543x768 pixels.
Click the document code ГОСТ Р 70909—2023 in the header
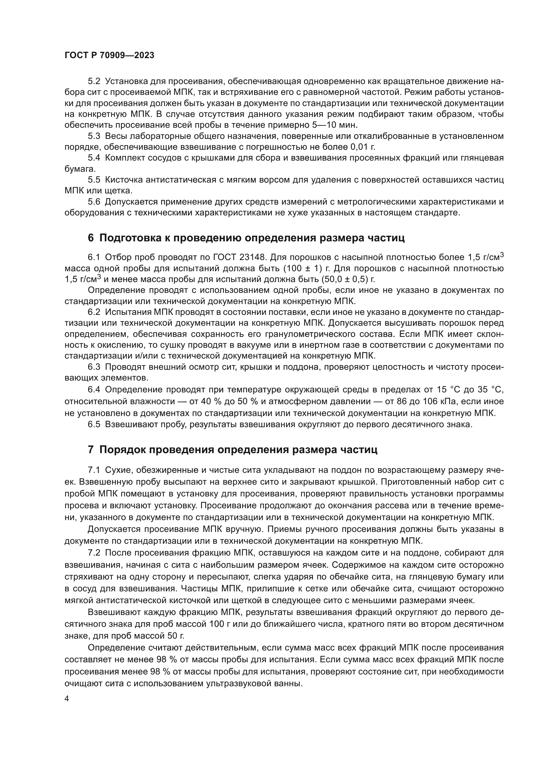109,55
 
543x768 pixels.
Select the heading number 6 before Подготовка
91,238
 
